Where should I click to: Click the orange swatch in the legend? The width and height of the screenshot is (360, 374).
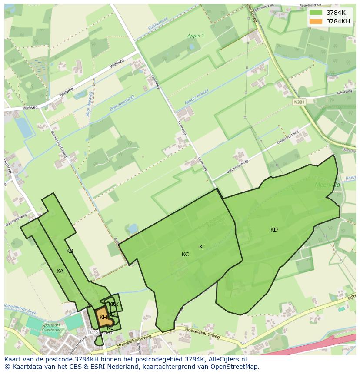tap(316, 21)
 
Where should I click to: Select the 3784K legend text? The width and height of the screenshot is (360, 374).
tap(336, 12)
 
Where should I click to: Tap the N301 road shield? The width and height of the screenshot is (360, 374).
tap(299, 102)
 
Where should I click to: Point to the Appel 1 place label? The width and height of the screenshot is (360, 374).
tap(196, 36)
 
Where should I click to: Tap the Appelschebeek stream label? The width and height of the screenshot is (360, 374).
tap(197, 96)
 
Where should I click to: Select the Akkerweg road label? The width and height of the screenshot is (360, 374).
tap(344, 93)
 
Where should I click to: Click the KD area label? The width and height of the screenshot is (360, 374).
tap(274, 229)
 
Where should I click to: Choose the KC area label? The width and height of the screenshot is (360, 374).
tap(185, 254)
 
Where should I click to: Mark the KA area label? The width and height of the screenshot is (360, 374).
tap(60, 271)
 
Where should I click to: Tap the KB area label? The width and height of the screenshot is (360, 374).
tap(70, 251)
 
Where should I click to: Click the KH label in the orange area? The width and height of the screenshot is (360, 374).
tap(103, 317)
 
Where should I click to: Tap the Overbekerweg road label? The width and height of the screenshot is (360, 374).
tap(16, 219)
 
